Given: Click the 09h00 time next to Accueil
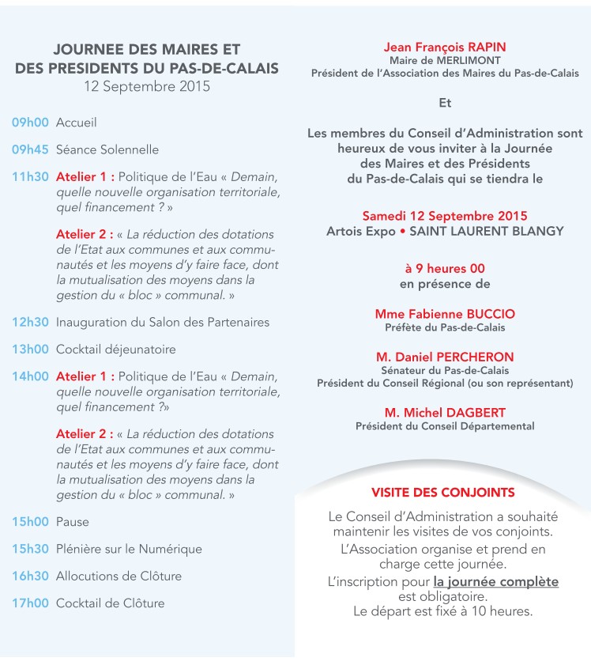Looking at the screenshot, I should click(30, 123).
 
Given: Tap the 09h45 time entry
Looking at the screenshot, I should click(30, 149).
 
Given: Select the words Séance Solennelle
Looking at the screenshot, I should click(107, 149).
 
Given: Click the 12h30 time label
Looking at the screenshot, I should click(30, 322).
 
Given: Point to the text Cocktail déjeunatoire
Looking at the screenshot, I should click(116, 349).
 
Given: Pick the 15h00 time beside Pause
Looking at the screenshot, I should click(30, 522).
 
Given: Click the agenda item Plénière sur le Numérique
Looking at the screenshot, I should click(129, 549).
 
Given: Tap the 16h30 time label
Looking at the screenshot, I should click(30, 576).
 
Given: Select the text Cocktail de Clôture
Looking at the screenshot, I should click(110, 603).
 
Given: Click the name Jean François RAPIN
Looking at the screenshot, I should click(445, 47).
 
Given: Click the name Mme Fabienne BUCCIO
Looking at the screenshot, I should click(445, 314).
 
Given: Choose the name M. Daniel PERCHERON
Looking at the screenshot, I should click(445, 357).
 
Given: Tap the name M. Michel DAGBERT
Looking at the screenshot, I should click(445, 413).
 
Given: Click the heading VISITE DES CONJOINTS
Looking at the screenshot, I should click(442, 492).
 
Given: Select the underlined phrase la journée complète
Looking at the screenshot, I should click(496, 582).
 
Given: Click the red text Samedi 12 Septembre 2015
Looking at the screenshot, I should click(445, 216).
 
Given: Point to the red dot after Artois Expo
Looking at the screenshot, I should click(401, 231).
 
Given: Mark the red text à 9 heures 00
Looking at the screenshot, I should click(445, 269).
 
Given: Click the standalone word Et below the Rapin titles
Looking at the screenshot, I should click(445, 103).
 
